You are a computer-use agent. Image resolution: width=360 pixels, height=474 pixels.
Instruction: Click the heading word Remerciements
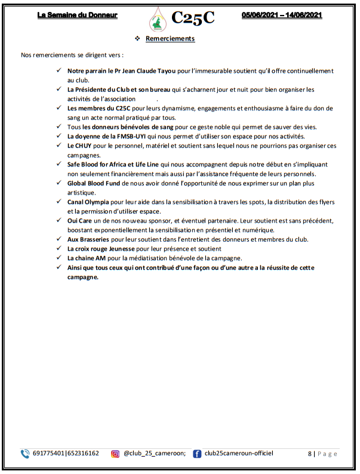pos(170,39)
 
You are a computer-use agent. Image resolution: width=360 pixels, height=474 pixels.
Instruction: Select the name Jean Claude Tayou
pos(147,70)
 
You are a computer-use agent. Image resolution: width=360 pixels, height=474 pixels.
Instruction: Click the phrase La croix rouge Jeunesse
pos(102,248)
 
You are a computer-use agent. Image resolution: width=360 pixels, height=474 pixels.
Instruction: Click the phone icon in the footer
pos(25,454)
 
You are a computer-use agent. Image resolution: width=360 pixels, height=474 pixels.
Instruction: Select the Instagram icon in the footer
pos(115,454)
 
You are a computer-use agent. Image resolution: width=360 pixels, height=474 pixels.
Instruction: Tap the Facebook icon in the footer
pos(197,454)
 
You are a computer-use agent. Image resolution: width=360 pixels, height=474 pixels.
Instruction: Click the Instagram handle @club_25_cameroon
pos(155,454)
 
